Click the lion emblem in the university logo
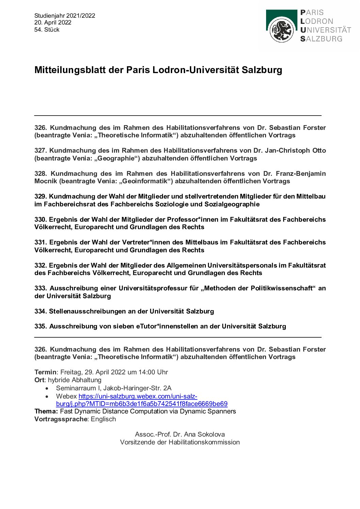point(281,30)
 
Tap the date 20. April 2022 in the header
point(53,22)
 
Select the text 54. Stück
point(47,30)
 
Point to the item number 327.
point(40,151)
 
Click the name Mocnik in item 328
point(46,181)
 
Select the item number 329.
point(40,197)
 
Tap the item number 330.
point(40,219)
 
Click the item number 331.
point(40,242)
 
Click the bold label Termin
point(45,372)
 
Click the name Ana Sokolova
point(203,435)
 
